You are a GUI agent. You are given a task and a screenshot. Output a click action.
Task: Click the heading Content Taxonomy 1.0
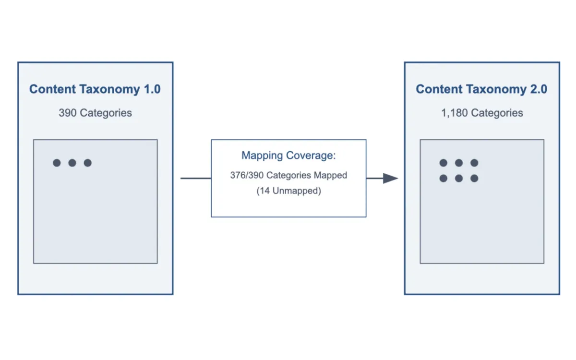click(x=95, y=89)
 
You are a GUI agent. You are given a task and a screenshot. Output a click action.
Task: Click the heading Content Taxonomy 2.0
click(x=481, y=89)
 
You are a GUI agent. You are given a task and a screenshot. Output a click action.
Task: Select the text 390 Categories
click(x=95, y=113)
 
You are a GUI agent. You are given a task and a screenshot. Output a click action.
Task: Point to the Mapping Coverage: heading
click(x=288, y=156)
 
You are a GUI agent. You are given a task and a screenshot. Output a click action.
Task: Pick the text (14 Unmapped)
click(x=288, y=191)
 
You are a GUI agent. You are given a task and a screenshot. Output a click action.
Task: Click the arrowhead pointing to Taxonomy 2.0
click(x=391, y=179)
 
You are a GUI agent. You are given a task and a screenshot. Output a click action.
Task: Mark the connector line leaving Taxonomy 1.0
click(x=195, y=179)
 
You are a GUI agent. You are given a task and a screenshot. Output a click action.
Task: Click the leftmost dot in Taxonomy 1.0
click(x=57, y=163)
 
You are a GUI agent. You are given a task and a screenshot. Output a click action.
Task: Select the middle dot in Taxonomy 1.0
click(x=72, y=163)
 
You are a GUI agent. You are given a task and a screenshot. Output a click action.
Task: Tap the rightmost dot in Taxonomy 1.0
click(x=87, y=163)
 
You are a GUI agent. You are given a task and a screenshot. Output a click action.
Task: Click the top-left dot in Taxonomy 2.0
click(x=444, y=163)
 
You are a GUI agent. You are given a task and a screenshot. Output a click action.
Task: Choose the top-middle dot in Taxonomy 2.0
click(x=459, y=163)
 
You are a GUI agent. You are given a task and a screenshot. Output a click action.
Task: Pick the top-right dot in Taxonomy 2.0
click(x=474, y=163)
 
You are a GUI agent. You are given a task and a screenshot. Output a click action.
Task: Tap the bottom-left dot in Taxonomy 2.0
click(x=444, y=179)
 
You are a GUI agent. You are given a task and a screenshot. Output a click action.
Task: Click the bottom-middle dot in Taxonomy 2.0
click(x=459, y=179)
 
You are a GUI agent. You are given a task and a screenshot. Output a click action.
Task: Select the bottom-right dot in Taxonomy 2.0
click(x=474, y=179)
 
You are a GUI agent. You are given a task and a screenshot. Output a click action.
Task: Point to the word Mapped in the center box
click(x=330, y=175)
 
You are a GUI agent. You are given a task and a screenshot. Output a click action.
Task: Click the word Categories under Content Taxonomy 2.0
click(x=497, y=113)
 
